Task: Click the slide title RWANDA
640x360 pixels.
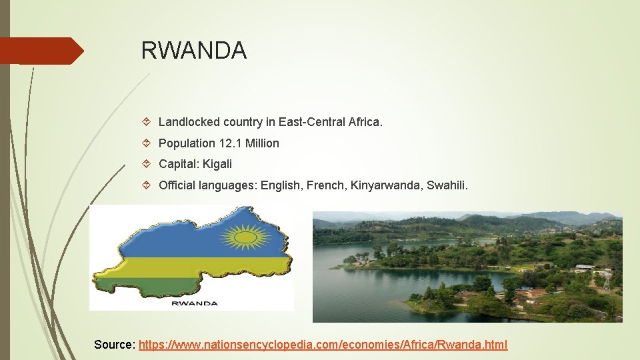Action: click(193, 50)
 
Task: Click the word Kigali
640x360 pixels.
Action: click(217, 164)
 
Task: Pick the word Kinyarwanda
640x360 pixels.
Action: click(387, 185)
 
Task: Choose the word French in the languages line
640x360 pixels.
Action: click(325, 185)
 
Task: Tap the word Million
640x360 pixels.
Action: click(262, 143)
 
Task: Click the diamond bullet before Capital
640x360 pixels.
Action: click(148, 164)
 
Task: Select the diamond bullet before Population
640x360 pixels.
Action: click(148, 143)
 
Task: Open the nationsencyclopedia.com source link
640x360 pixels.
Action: click(323, 345)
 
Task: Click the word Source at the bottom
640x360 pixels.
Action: click(114, 345)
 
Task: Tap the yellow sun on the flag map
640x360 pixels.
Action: click(245, 236)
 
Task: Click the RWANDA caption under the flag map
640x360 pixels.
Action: click(195, 303)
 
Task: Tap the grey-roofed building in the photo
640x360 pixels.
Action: click(585, 268)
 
